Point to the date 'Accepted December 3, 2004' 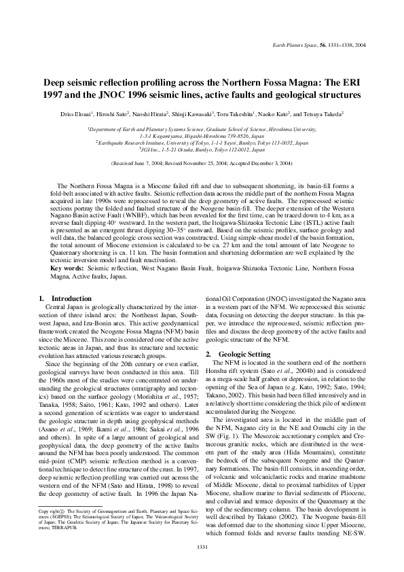[255, 164]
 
